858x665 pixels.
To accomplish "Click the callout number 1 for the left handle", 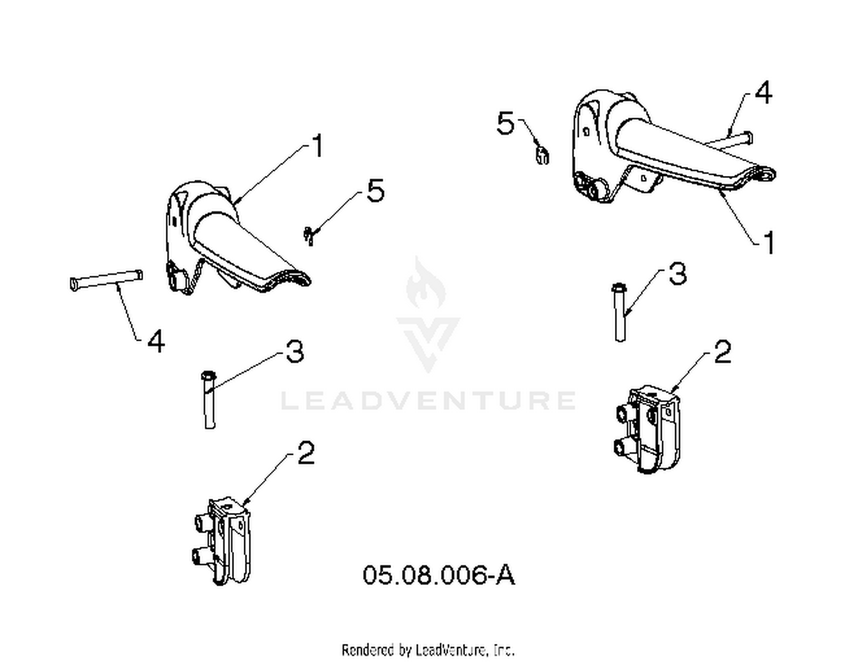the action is point(317,146).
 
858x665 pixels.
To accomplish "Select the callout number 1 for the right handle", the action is point(769,243).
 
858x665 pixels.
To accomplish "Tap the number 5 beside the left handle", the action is point(375,191).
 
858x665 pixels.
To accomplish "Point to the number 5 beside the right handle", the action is point(506,123).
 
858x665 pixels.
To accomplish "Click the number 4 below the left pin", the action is point(156,342).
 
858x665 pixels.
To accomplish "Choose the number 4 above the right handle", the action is point(764,93).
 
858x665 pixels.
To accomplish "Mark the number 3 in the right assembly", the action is point(678,274).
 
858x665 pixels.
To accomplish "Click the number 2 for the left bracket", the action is point(305,453).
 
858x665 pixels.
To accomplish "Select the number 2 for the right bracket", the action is point(722,352).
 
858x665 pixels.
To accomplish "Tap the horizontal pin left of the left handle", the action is point(106,280).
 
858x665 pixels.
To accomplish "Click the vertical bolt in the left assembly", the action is point(209,399).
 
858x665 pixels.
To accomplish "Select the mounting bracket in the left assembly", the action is point(223,541).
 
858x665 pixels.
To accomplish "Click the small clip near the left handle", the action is point(309,235).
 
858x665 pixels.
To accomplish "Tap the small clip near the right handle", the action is point(542,154).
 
